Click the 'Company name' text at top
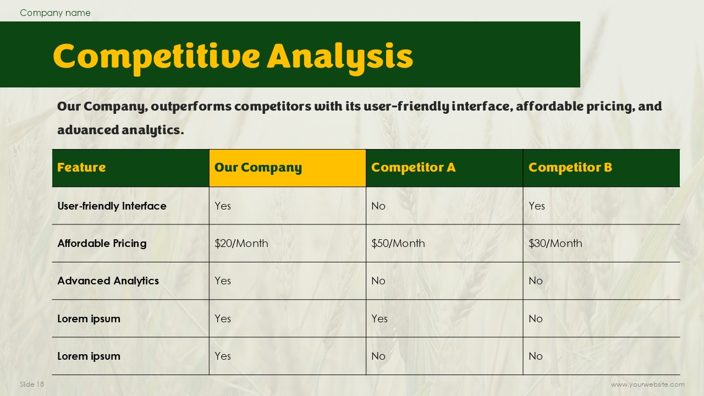click(x=55, y=13)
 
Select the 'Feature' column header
click(x=81, y=168)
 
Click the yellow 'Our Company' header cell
click(x=287, y=168)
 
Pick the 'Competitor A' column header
click(x=413, y=168)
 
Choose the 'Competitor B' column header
click(x=570, y=168)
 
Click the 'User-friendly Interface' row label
click(x=112, y=206)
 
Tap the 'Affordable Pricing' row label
click(x=102, y=244)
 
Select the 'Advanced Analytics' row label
click(x=108, y=281)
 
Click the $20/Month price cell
click(x=241, y=244)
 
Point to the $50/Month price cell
click(x=398, y=244)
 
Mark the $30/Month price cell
click(x=555, y=244)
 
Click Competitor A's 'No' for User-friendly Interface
click(x=378, y=206)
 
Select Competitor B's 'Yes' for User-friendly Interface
click(x=536, y=206)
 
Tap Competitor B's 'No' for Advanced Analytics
click(x=536, y=281)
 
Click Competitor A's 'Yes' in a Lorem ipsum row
click(x=380, y=319)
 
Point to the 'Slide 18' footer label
click(x=32, y=384)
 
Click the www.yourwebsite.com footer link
click(x=648, y=384)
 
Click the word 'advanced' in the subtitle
click(x=89, y=130)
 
